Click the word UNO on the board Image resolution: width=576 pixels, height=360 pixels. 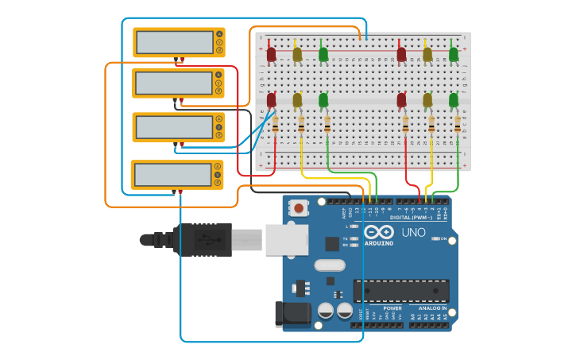(413, 233)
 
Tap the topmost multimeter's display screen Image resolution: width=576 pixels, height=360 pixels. (173, 42)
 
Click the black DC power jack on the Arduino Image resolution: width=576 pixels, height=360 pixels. (293, 314)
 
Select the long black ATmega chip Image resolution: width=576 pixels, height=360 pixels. (401, 291)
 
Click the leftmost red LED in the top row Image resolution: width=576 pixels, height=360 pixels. (271, 54)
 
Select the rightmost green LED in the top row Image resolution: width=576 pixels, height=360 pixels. (454, 54)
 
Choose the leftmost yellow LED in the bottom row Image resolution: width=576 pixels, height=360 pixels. (297, 100)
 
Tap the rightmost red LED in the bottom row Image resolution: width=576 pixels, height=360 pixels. (401, 100)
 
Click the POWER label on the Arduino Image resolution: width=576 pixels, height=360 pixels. (392, 308)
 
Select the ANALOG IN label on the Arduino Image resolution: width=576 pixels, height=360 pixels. (432, 308)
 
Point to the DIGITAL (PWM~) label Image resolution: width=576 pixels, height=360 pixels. (412, 217)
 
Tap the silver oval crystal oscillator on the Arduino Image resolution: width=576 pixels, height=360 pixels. (329, 265)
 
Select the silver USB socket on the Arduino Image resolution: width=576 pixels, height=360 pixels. (286, 239)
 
